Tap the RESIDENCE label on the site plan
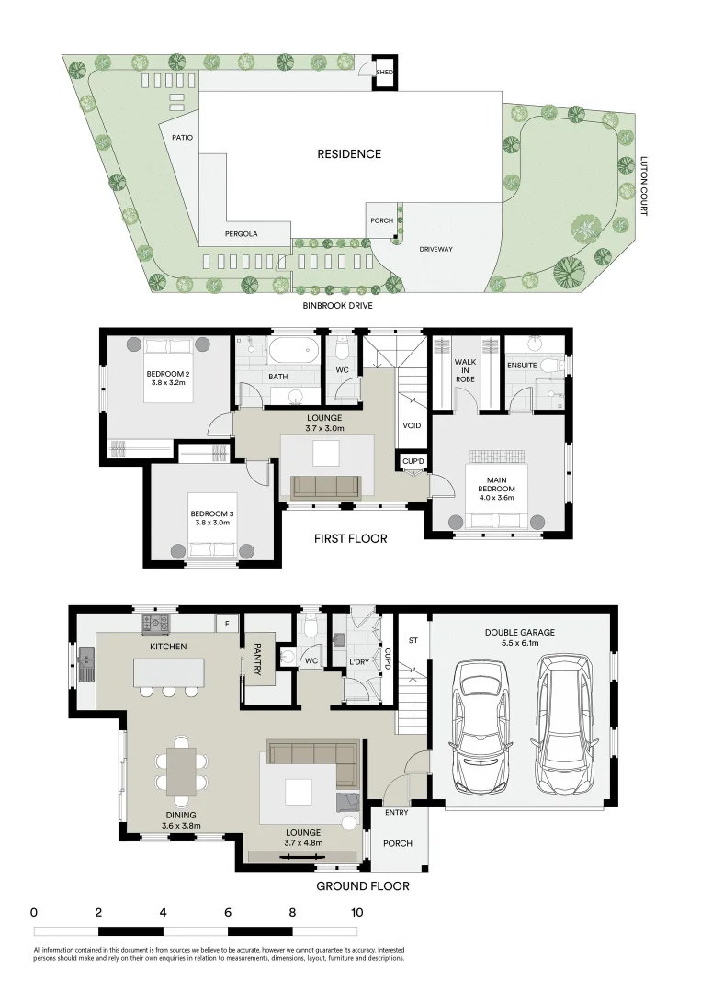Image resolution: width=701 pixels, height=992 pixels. pos(349,154)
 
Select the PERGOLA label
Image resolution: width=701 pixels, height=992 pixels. pos(242,234)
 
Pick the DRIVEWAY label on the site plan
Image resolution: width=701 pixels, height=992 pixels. pos(436,249)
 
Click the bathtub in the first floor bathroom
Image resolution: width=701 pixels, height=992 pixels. pos(293,350)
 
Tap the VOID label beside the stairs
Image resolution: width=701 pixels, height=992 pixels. pos(412,426)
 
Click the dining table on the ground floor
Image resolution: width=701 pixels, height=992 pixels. pos(180,769)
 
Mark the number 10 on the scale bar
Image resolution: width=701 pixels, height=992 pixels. pos(356,913)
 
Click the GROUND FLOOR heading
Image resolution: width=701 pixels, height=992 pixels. pos(362,886)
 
